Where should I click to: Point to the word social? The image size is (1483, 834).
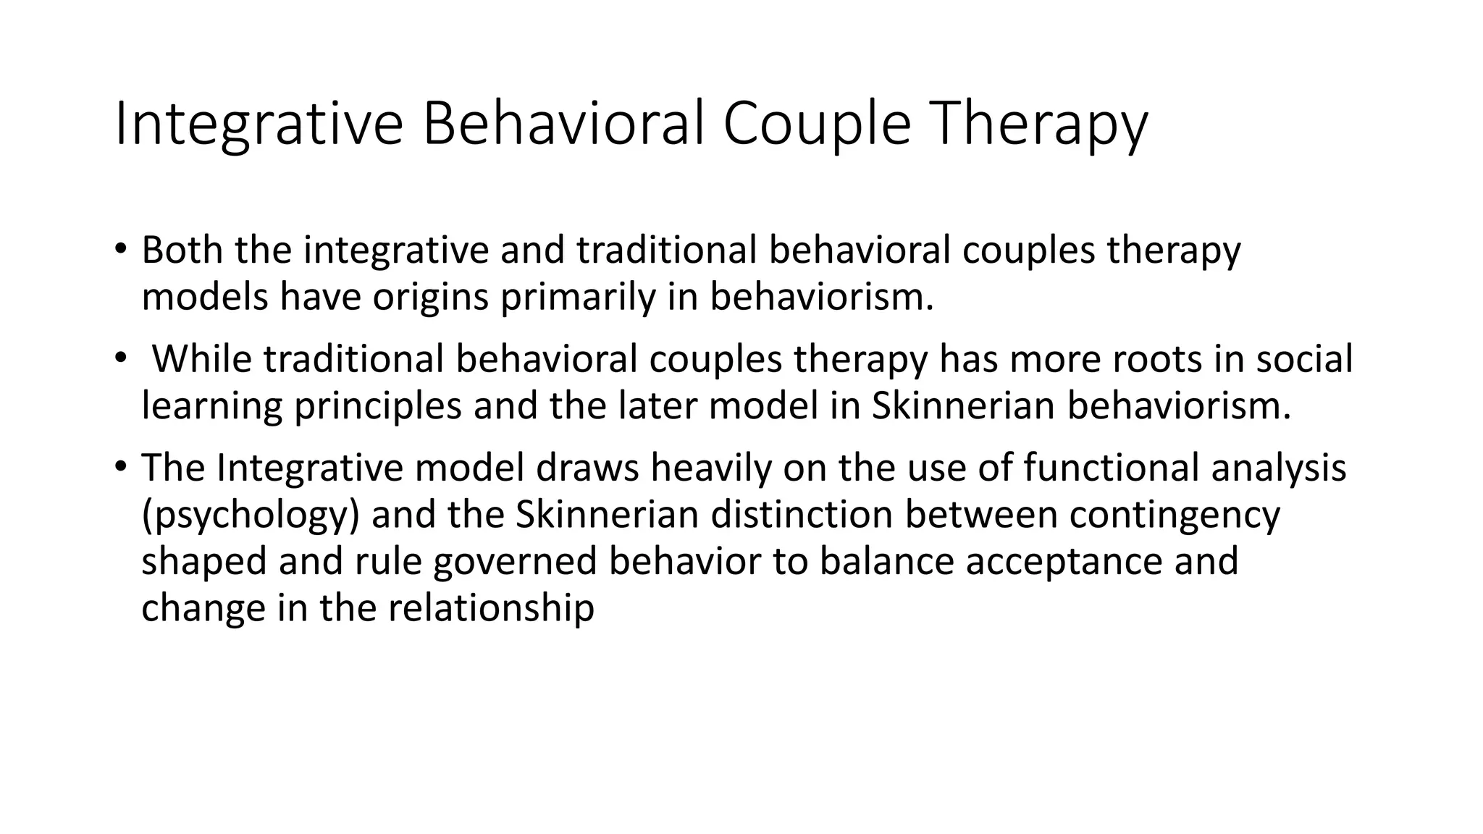[1303, 359]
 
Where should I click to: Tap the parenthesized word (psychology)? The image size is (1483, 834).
[250, 515]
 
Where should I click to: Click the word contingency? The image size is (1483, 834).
[1175, 515]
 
